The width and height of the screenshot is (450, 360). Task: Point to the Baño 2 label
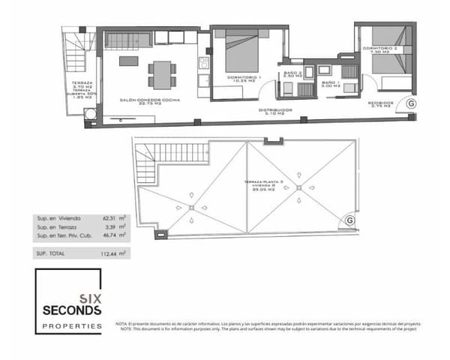pos(292,74)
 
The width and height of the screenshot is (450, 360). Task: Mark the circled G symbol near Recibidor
pos(411,104)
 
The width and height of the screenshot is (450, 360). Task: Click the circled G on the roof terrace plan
pos(349,220)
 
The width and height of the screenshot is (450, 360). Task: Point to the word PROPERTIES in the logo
pos(72,326)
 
